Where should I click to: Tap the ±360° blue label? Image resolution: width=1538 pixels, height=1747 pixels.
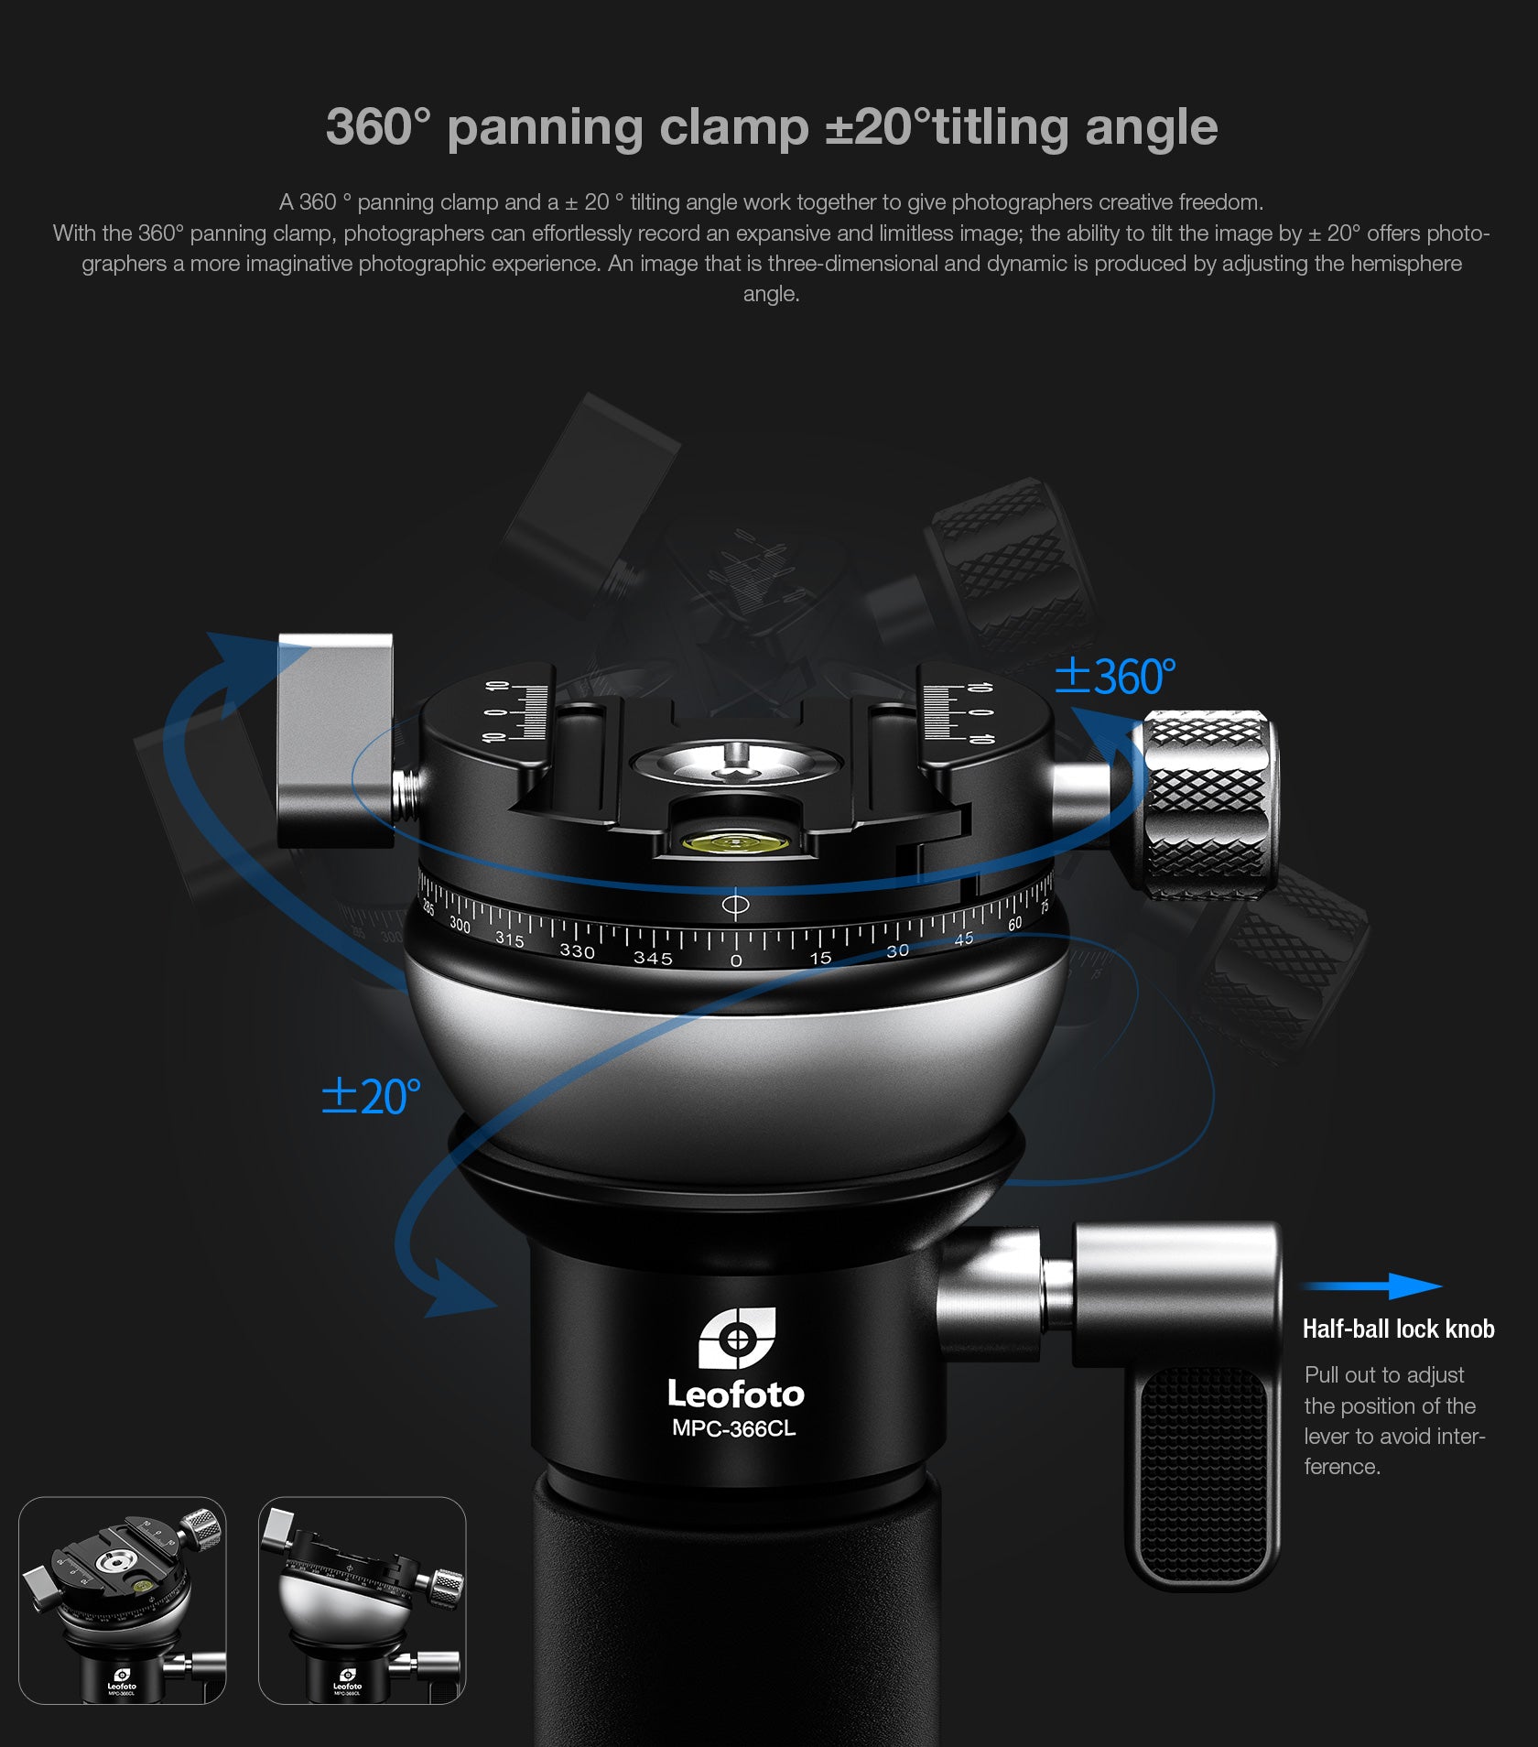click(1115, 677)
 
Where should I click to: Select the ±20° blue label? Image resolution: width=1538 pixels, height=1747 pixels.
click(372, 1096)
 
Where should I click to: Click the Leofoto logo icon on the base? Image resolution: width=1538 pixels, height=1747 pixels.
click(737, 1338)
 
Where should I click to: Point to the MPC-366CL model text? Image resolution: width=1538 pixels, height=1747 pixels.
click(733, 1428)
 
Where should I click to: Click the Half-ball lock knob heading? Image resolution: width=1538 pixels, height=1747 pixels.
click(1398, 1329)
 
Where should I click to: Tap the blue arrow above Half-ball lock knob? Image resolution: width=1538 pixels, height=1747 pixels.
click(1373, 1286)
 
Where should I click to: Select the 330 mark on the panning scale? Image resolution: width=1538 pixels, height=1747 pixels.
click(577, 951)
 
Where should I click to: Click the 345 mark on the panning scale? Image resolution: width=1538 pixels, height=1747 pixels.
click(653, 958)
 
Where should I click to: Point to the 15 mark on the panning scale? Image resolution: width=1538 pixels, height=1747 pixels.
click(820, 958)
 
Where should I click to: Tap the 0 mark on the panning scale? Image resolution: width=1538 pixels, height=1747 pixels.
click(736, 960)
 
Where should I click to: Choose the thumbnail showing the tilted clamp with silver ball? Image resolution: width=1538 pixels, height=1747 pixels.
click(362, 1601)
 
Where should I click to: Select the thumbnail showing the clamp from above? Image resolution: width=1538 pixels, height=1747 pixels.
click(122, 1601)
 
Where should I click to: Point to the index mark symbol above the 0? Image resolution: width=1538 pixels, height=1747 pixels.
click(735, 906)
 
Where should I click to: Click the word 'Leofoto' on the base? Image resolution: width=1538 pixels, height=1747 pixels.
click(735, 1394)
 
